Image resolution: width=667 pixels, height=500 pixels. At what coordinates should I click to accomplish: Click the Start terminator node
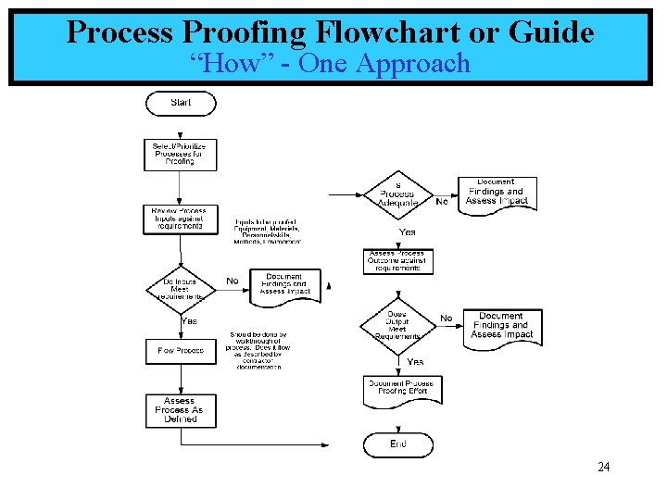click(x=181, y=103)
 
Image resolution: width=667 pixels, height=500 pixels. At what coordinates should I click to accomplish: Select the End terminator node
click(x=397, y=444)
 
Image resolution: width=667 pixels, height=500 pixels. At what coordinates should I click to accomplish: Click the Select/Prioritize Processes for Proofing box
click(x=180, y=154)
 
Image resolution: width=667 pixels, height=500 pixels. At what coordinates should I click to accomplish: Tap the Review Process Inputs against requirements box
click(x=180, y=219)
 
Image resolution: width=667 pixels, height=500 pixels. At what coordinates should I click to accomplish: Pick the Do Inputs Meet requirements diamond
click(x=181, y=288)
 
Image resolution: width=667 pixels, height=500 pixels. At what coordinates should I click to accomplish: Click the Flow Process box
click(x=181, y=351)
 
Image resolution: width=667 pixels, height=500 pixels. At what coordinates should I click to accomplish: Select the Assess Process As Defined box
click(x=180, y=410)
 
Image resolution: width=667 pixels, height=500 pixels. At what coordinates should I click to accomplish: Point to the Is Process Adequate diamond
click(x=397, y=194)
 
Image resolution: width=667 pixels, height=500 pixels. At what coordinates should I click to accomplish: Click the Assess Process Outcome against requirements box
click(x=397, y=261)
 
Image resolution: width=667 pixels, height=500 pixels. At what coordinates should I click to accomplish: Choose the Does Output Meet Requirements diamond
click(x=397, y=325)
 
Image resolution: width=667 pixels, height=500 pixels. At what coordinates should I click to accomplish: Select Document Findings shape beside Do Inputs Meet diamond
click(x=284, y=285)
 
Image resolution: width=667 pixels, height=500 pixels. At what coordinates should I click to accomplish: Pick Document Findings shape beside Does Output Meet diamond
click(x=502, y=326)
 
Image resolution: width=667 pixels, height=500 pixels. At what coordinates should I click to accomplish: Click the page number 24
click(x=603, y=467)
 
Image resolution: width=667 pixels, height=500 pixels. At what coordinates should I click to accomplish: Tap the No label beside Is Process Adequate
click(x=442, y=201)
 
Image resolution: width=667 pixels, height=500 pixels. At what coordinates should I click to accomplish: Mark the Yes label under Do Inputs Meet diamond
click(x=189, y=321)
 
